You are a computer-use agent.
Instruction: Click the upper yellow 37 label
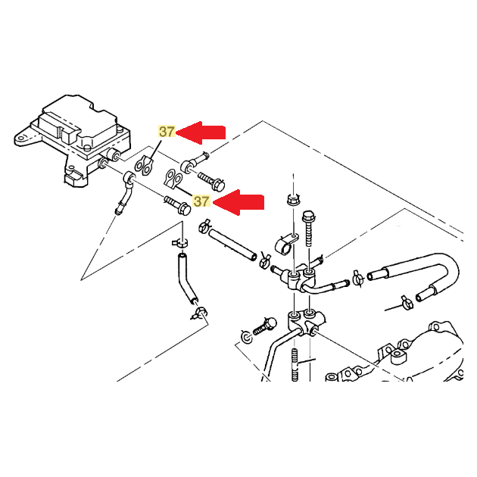167,132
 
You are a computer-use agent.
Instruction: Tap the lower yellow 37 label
201,201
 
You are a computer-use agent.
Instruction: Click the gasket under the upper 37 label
144,162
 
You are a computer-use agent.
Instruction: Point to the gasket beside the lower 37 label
173,180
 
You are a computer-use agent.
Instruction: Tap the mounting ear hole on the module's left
24,139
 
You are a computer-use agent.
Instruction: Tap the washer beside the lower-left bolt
246,335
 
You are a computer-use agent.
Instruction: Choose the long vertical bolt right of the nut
308,227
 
